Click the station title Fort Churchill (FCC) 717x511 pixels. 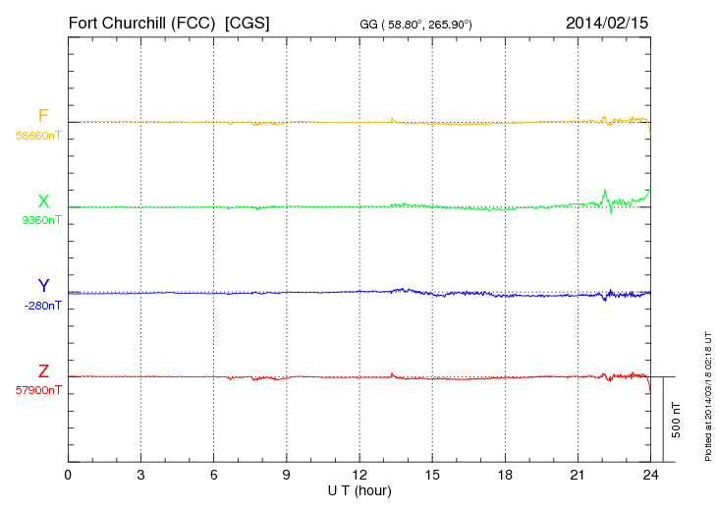click(143, 22)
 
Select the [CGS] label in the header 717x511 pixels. click(248, 22)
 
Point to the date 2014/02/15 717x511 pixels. click(607, 22)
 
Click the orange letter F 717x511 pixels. click(43, 116)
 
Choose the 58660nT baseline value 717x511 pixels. click(38, 135)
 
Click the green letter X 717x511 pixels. click(43, 201)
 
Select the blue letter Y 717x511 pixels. click(43, 286)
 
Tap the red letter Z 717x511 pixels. click(43, 371)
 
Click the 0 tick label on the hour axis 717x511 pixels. click(68, 476)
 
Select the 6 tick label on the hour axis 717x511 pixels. click(213, 476)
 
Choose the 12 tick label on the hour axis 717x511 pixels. click(358, 476)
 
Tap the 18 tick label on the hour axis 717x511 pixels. click(505, 476)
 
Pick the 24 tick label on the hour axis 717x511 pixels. click(650, 476)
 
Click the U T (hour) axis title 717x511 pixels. click(359, 490)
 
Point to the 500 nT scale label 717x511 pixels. click(677, 420)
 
